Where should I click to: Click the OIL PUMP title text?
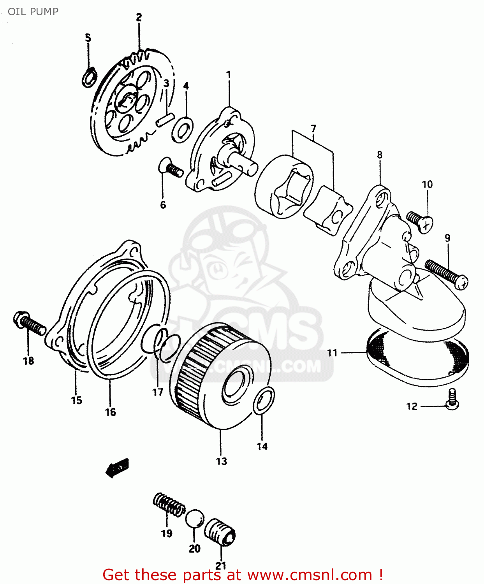coord(33,12)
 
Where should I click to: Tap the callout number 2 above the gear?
coord(139,17)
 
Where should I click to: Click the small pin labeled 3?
coord(164,119)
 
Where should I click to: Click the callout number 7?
coord(313,128)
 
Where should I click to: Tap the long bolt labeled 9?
coord(446,274)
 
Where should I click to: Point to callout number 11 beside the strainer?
coord(332,353)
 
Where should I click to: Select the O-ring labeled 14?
coord(264,401)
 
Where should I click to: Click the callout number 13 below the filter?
coord(221,461)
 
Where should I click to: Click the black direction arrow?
coord(117,467)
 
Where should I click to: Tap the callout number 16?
coord(110,412)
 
